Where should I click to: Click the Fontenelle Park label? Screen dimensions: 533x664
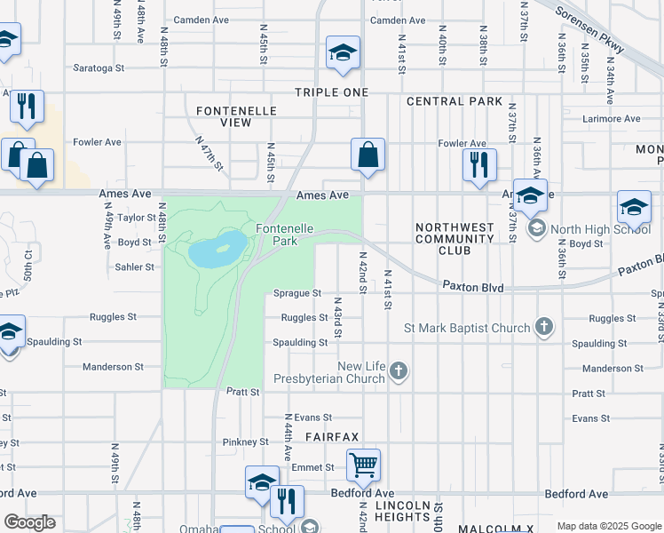click(x=284, y=235)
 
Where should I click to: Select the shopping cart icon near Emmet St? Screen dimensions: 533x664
click(x=363, y=464)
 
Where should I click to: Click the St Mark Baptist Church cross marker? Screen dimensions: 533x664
click(x=544, y=328)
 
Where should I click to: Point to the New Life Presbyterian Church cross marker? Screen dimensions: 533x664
click(x=399, y=371)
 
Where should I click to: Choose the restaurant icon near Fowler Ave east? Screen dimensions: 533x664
click(x=478, y=163)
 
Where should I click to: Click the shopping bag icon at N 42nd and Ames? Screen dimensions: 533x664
click(x=367, y=155)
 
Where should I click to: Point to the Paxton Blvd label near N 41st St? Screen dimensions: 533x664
click(x=474, y=288)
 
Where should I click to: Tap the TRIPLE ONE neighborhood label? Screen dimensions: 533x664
click(x=331, y=92)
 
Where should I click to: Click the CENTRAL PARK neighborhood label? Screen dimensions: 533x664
click(x=455, y=101)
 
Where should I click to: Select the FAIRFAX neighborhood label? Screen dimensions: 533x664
click(x=332, y=437)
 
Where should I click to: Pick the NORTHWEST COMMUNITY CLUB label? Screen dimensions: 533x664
click(x=455, y=239)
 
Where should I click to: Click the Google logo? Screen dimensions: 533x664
click(x=30, y=521)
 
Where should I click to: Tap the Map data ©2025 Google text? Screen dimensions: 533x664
click(x=608, y=526)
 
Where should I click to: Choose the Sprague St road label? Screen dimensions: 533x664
click(x=297, y=293)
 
